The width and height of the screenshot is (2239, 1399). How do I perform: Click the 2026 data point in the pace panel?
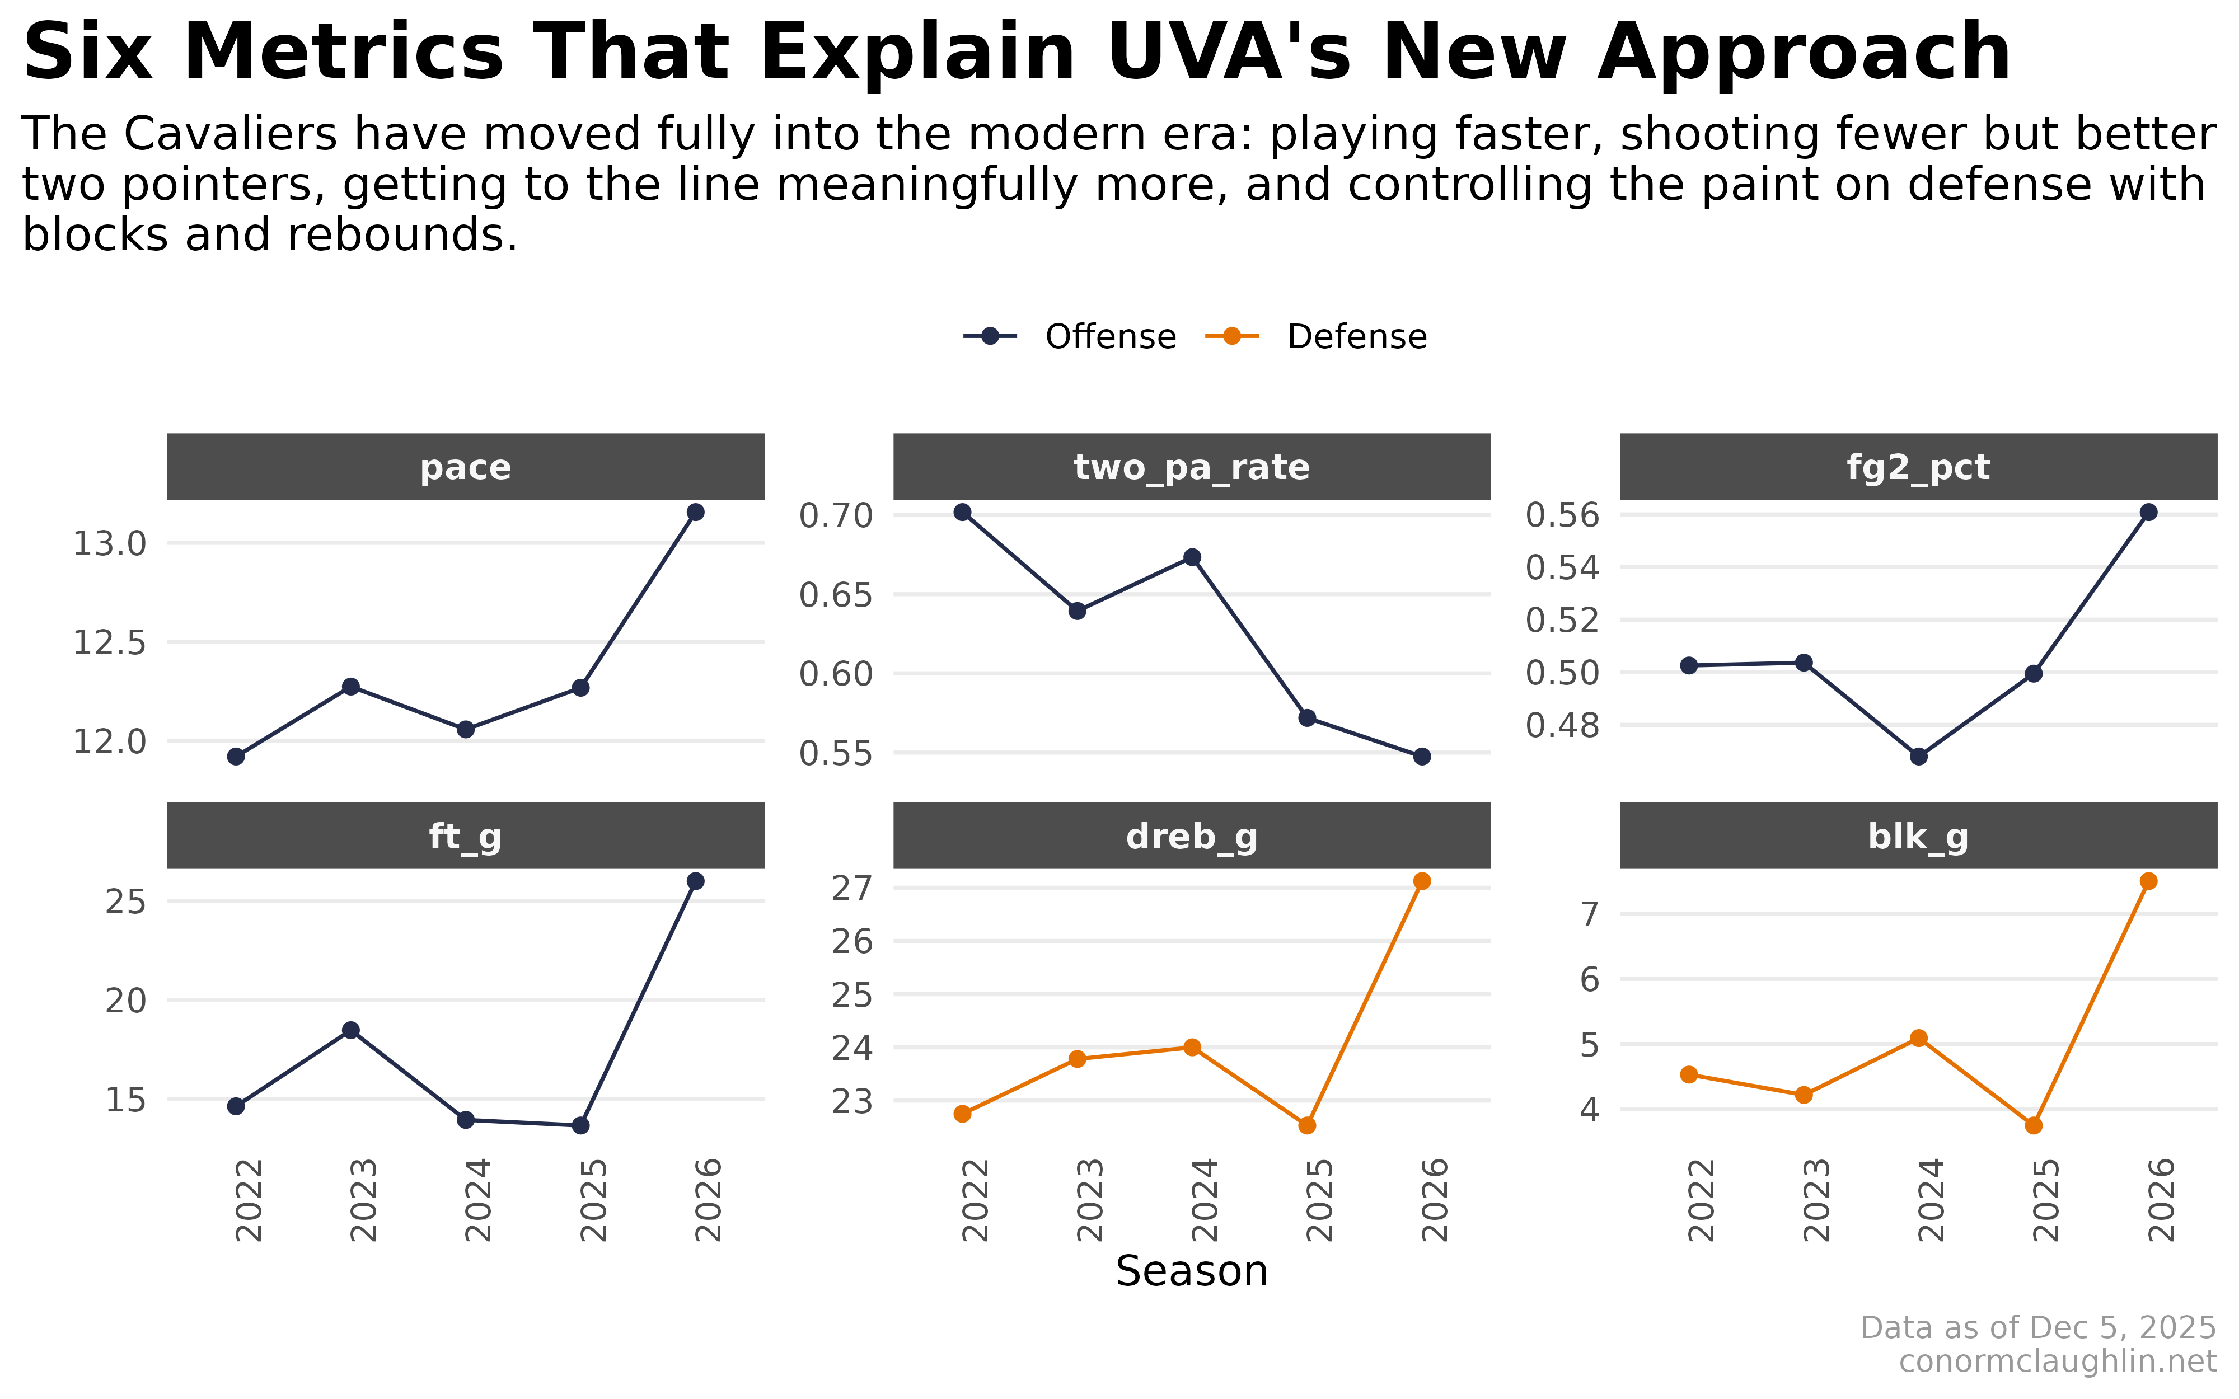point(695,511)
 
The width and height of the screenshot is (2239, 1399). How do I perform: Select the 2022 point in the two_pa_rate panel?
point(962,511)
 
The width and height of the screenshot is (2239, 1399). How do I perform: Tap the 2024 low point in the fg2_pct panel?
point(1919,756)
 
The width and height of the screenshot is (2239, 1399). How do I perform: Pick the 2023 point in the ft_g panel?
point(350,1030)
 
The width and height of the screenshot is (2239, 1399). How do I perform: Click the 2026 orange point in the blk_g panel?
point(2148,881)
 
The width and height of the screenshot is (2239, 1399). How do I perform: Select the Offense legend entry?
point(1070,337)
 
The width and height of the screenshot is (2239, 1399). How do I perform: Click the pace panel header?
point(465,467)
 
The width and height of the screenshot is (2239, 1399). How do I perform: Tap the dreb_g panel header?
point(1192,837)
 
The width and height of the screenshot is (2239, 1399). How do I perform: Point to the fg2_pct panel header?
point(1918,467)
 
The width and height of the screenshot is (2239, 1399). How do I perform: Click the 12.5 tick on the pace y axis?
point(109,642)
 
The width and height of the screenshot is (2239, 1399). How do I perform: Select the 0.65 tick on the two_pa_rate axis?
point(836,595)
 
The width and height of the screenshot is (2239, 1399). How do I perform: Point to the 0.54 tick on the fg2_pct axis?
point(1562,567)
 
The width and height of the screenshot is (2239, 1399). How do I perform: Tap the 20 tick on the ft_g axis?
point(126,1000)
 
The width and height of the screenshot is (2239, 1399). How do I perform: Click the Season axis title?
point(1192,1271)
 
